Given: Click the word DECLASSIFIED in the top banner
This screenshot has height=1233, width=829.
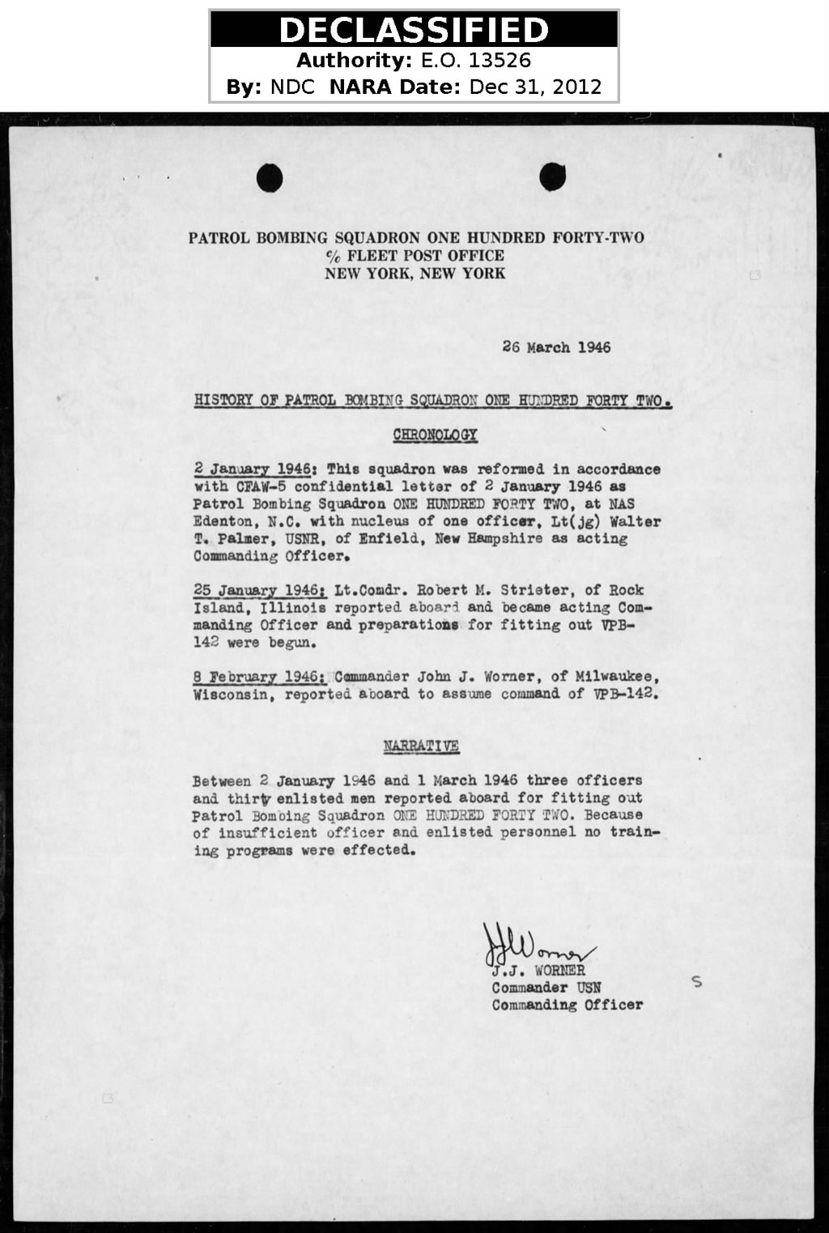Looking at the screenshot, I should click(414, 30).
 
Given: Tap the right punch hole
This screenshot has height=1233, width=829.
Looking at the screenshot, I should click(552, 177).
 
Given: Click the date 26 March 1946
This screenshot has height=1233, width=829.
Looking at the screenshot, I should click(556, 348).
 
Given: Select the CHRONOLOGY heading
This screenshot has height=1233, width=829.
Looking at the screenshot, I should click(435, 436).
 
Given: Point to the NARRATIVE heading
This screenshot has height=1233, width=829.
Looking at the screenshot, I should click(421, 746).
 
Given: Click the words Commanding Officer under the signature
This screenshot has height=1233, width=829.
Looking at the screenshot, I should click(568, 1006).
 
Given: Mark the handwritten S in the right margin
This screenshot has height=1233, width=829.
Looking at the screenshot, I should click(697, 983).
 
